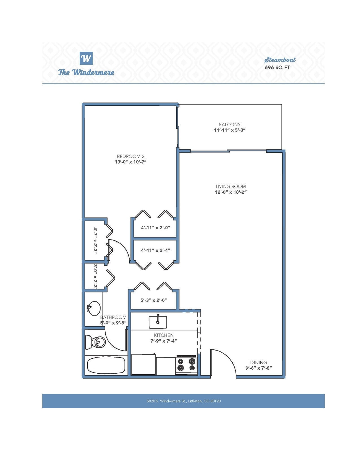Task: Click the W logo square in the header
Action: coord(86,58)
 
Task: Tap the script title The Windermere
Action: coord(86,72)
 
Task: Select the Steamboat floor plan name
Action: coord(280,60)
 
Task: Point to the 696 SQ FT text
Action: coord(277,67)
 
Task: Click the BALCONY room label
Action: coord(230,125)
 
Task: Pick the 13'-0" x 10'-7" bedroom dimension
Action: coord(130,162)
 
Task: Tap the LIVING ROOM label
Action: coord(231,186)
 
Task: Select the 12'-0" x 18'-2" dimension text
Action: coord(231,192)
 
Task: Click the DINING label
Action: coord(258,362)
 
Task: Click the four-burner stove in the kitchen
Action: coord(186,365)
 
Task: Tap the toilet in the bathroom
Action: coord(95,342)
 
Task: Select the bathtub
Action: coord(106,366)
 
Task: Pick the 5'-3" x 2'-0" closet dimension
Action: coord(154,300)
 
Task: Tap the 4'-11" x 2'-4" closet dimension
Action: coord(155,250)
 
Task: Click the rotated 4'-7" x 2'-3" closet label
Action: coord(95,241)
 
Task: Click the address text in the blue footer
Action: coord(184,401)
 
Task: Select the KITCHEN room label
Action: coord(164,335)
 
